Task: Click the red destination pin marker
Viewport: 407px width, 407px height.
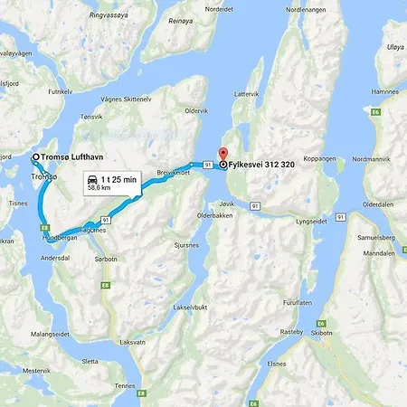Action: [x=223, y=154]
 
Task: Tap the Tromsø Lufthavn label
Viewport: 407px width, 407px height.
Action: [x=80, y=156]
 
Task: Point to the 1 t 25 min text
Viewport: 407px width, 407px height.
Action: [x=118, y=180]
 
